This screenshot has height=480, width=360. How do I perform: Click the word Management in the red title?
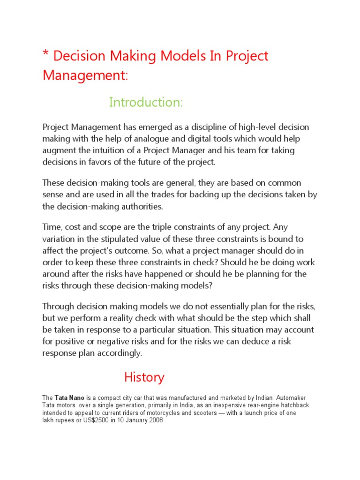[84, 75]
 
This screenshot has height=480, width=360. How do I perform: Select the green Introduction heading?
[146, 102]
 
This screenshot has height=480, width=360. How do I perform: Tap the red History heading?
[144, 377]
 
